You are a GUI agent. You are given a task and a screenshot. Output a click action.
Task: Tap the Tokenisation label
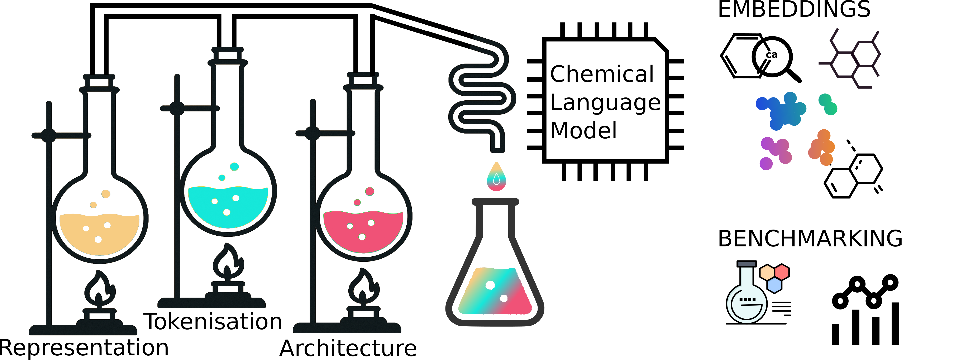coord(213,321)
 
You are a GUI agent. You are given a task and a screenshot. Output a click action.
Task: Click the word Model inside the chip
coord(583,131)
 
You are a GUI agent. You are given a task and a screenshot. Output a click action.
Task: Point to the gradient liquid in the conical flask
coord(494,293)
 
